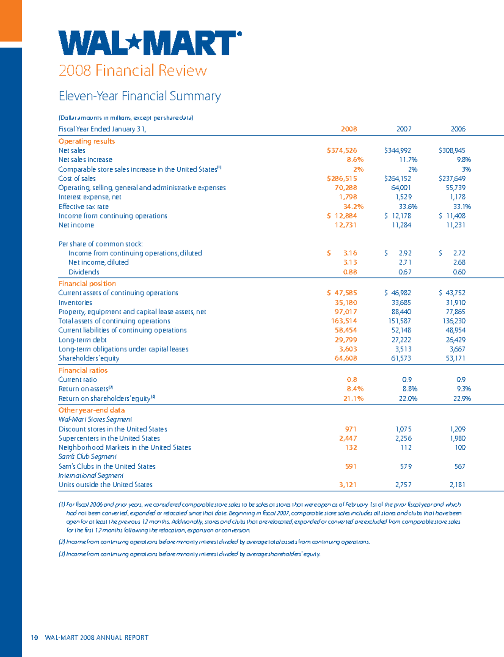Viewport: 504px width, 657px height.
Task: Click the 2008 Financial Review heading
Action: pos(133,70)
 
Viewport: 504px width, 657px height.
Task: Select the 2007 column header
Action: pos(404,129)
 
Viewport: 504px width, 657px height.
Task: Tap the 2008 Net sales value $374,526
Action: pos(342,150)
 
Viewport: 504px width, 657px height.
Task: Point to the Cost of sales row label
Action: pos(77,179)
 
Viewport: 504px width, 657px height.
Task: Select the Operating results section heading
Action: pos(87,141)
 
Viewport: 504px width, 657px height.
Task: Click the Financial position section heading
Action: pos(87,284)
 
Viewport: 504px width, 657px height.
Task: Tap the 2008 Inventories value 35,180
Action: pos(346,302)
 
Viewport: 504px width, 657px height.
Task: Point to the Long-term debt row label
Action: pos(82,340)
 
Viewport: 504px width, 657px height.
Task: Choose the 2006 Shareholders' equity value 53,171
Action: pos(455,358)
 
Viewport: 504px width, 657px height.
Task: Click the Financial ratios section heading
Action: pos(83,370)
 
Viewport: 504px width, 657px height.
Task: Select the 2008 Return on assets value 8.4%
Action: pos(355,389)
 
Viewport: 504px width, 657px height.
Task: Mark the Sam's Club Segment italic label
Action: pos(87,457)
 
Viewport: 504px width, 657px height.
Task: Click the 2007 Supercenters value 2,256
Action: pos(403,438)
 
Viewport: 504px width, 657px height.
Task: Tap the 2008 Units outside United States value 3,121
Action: pos(348,485)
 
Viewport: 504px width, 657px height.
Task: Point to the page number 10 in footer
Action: pos(34,637)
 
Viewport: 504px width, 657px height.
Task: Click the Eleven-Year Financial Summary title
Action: pos(139,96)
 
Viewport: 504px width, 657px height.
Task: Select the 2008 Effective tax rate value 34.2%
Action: pos(353,207)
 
